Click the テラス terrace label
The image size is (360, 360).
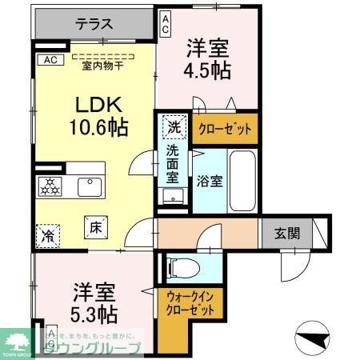click(x=94, y=25)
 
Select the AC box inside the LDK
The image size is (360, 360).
click(x=49, y=59)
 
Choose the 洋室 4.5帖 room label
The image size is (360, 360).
click(x=210, y=59)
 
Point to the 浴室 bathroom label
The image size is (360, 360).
click(x=210, y=180)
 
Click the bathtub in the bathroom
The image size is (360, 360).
click(x=243, y=180)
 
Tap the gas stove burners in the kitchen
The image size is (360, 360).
click(x=50, y=186)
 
